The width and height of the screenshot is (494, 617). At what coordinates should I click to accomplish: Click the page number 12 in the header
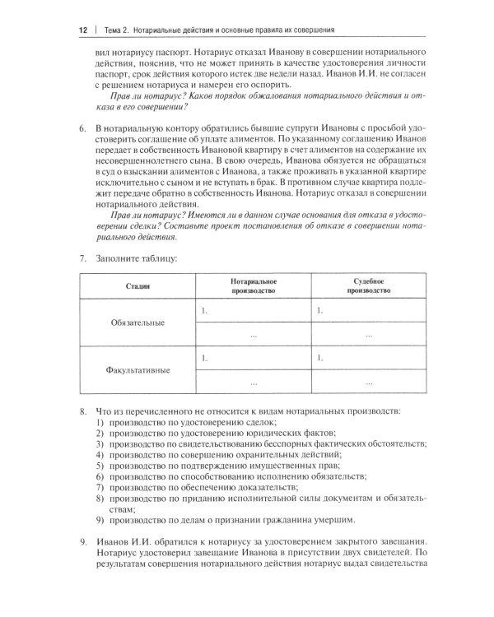coord(82,31)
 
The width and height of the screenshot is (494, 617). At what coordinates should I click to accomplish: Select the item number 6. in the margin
coord(82,130)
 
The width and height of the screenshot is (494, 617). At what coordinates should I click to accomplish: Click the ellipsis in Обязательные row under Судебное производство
coord(367,335)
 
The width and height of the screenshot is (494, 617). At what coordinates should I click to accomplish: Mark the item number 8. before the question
coord(82,410)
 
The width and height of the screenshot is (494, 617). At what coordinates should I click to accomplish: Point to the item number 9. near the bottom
coord(82,541)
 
